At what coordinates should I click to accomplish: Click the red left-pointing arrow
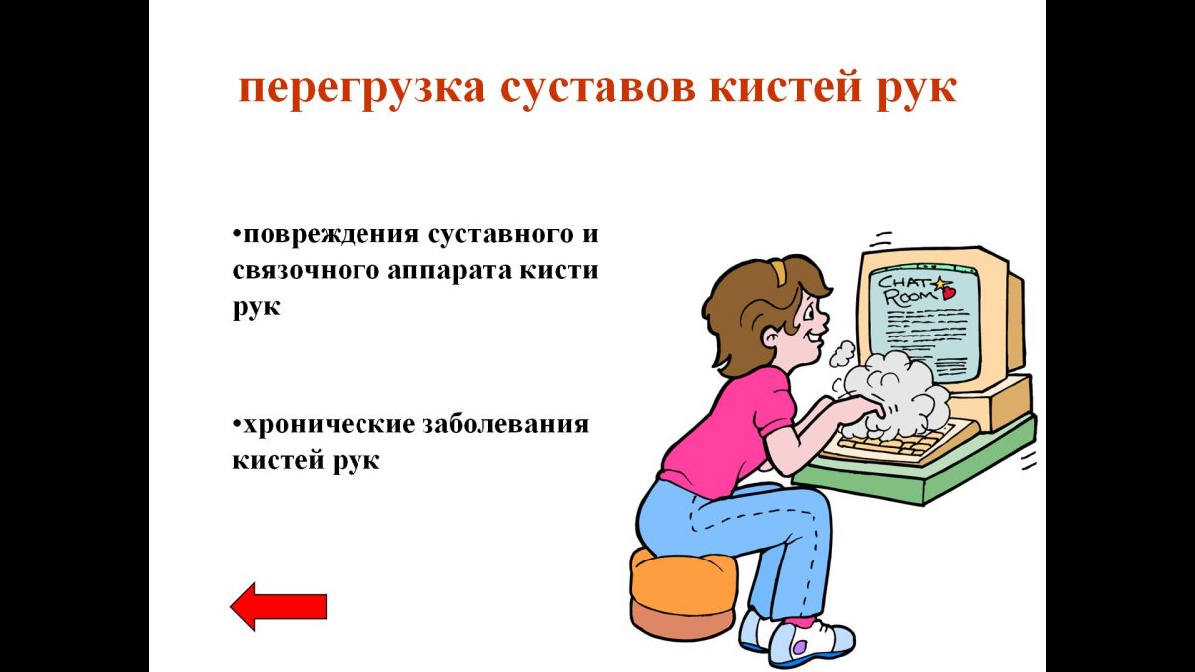click(278, 605)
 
